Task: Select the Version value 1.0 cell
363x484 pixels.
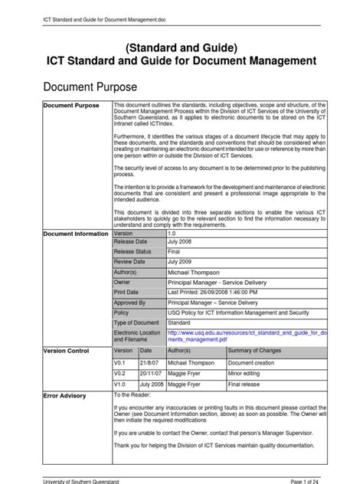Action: [x=173, y=234]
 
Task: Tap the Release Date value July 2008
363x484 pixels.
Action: [x=182, y=242]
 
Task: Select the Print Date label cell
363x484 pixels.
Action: [x=127, y=292]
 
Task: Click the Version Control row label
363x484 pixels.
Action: [x=67, y=349]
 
